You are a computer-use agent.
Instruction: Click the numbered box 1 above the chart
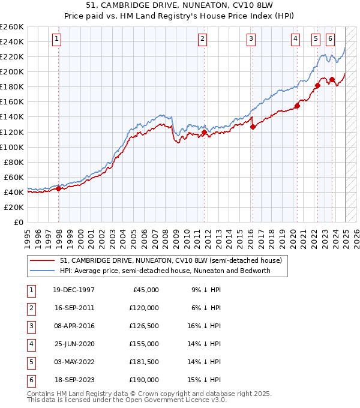(x=56, y=39)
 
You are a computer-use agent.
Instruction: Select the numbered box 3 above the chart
(x=251, y=39)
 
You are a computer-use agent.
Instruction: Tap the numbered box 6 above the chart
(x=331, y=39)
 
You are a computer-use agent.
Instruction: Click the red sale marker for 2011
(x=204, y=132)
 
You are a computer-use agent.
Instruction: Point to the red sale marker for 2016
(x=253, y=127)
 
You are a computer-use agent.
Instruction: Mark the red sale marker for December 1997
(x=58, y=188)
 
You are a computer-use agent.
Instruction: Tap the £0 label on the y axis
(x=19, y=222)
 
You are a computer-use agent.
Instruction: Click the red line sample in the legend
(x=42, y=260)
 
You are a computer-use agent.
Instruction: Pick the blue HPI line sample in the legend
(x=42, y=271)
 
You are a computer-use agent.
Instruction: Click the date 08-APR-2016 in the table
(x=74, y=327)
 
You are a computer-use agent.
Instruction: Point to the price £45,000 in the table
(x=146, y=290)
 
